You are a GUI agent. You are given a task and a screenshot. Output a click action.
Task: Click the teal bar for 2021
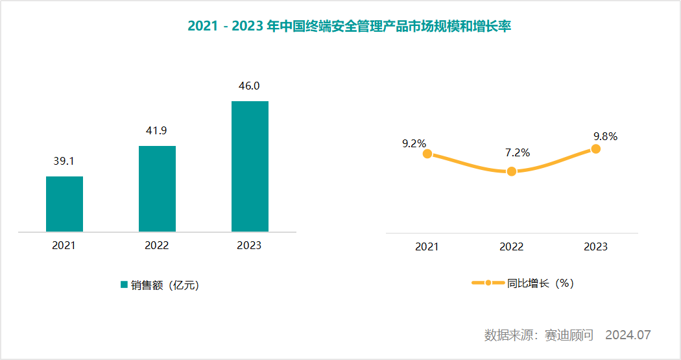pyautogui.click(x=64, y=204)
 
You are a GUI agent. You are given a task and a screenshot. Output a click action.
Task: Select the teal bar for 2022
pyautogui.click(x=157, y=188)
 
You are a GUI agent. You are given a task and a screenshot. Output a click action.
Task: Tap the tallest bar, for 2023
pyautogui.click(x=250, y=166)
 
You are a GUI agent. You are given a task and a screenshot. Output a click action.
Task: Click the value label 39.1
pyautogui.click(x=64, y=161)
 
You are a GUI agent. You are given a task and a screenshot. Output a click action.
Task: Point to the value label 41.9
pyautogui.click(x=156, y=130)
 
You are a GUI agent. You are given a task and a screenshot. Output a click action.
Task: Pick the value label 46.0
pyautogui.click(x=250, y=86)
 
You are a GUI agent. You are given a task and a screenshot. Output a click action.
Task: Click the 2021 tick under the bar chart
pyautogui.click(x=64, y=245)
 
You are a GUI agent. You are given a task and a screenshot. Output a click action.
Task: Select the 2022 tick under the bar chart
pyautogui.click(x=157, y=245)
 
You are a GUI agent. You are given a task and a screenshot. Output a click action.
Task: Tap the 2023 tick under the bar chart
pyautogui.click(x=250, y=245)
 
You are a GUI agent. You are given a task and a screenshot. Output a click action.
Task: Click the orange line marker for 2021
pyautogui.click(x=427, y=154)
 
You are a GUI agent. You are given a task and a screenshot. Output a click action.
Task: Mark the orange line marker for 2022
pyautogui.click(x=512, y=171)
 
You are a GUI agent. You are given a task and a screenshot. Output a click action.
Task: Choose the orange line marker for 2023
pyautogui.click(x=596, y=149)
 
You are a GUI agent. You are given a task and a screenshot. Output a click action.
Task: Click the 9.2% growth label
pyautogui.click(x=414, y=144)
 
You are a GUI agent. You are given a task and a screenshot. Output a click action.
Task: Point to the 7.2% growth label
pyautogui.click(x=518, y=153)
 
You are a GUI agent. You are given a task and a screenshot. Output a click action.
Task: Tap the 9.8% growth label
pyautogui.click(x=605, y=136)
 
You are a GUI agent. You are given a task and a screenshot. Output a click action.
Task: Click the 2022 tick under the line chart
pyautogui.click(x=511, y=247)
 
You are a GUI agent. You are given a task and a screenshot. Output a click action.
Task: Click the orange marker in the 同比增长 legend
pyautogui.click(x=488, y=283)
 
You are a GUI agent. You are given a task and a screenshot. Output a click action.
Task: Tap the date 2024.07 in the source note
pyautogui.click(x=627, y=335)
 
